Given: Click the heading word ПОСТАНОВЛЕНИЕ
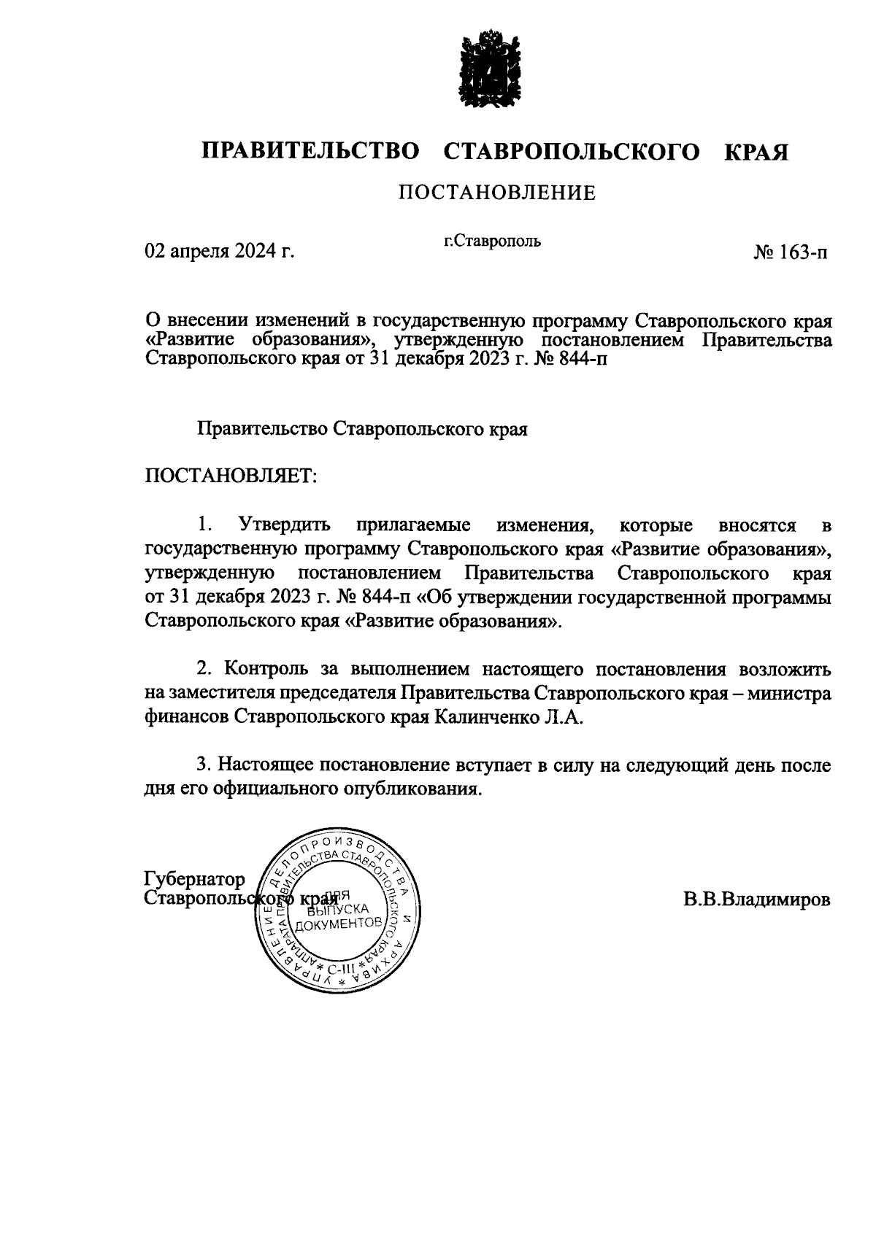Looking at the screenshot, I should pos(496,193).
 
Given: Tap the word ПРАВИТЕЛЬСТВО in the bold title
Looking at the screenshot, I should pos(311,152).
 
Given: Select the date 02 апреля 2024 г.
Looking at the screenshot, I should pos(220,252).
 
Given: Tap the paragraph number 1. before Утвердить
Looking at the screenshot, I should pos(205,525).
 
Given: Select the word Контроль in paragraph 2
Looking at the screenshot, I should pos(266,668).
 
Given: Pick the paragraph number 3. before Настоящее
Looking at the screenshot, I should pos(204,765).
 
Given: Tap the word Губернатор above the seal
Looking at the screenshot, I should pos(196,878).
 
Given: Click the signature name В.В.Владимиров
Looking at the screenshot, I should pos(757,900).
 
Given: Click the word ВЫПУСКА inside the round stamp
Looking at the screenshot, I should pos(339,909).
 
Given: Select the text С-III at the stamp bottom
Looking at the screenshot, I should pos(340,968).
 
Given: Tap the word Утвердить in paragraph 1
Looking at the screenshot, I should pos(284,525).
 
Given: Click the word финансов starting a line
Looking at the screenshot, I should pos(187,717).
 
